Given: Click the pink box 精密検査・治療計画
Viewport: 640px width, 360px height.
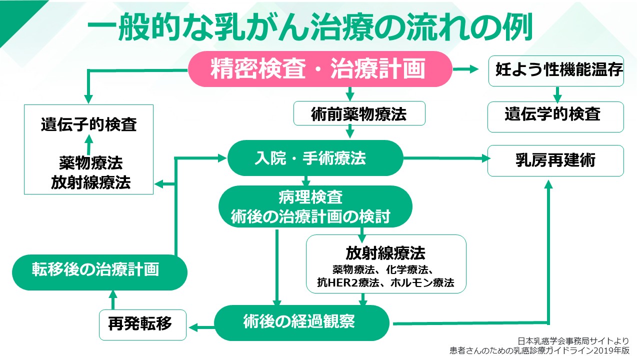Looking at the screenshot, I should (320, 69).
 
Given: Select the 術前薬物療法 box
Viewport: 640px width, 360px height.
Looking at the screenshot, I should (359, 113).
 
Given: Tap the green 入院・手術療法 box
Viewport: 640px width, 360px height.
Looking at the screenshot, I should (315, 158).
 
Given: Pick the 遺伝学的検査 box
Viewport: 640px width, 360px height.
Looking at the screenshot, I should (555, 114).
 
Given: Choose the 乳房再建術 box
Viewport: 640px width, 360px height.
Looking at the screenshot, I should (555, 160).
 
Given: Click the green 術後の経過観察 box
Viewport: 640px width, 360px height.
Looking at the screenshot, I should (301, 321).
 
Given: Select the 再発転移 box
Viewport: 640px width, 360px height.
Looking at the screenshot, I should (142, 323).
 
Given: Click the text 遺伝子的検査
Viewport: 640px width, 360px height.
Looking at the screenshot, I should (89, 125).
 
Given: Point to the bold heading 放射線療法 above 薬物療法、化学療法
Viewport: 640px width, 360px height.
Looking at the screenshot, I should (385, 252).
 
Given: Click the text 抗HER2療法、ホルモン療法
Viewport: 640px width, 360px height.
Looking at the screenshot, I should (385, 283).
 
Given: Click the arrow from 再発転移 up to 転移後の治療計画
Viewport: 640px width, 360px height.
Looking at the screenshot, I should (112, 300).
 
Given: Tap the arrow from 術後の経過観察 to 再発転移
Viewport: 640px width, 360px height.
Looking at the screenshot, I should (201, 327).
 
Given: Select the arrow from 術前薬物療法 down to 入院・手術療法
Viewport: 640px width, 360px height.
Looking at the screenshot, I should (350, 131).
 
